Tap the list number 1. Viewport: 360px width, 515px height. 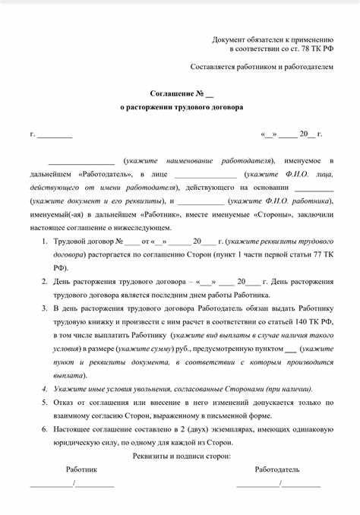pos(44,241)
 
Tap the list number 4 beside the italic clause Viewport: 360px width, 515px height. pos(44,388)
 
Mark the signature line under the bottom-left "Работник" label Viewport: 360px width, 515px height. pos(71,484)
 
